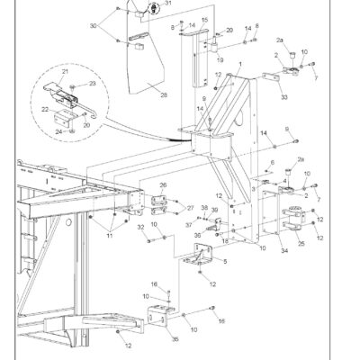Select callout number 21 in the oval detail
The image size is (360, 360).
tap(65, 70)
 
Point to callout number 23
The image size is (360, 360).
tap(91, 84)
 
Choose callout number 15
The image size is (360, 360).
tap(204, 20)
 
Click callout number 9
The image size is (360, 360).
tap(290, 130)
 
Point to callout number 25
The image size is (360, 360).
tap(301, 242)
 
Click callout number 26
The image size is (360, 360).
tap(163, 186)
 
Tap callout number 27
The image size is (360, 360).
tap(190, 208)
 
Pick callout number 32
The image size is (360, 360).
tap(141, 228)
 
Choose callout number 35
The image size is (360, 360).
tap(174, 339)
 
